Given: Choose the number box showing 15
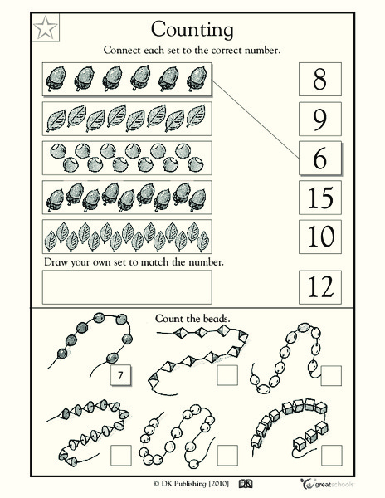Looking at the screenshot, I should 319,198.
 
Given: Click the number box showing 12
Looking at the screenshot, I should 319,287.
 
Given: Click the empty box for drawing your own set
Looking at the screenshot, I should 127,287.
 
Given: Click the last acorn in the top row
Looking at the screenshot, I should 196,79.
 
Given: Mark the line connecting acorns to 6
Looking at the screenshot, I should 254,117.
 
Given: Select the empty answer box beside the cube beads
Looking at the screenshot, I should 332,453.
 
